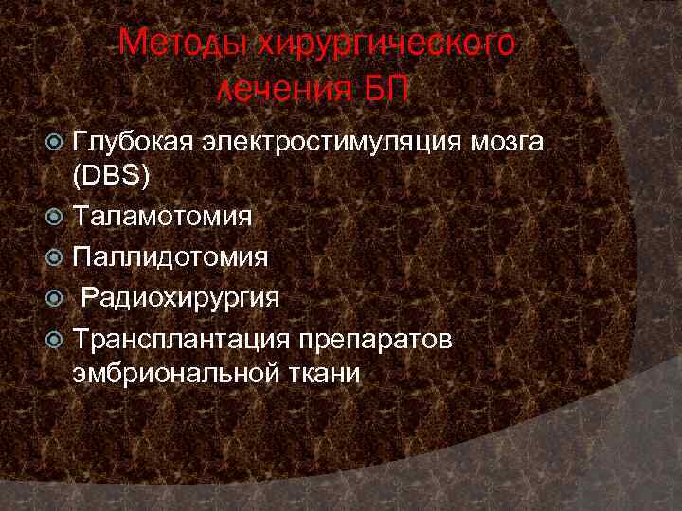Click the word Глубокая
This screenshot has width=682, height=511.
135,144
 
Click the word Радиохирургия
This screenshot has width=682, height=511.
180,298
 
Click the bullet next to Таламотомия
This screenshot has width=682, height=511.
55,218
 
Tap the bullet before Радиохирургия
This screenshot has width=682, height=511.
55,299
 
